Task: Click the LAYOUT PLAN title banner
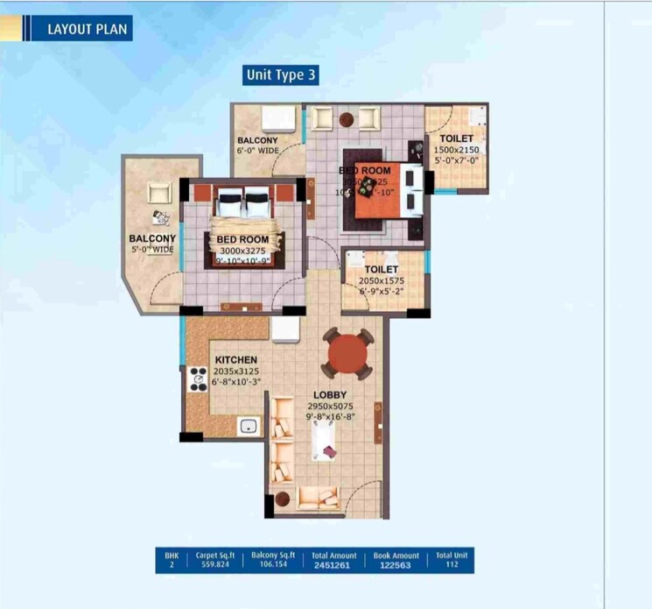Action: (87, 29)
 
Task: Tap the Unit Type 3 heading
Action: (280, 75)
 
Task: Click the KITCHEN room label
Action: (236, 359)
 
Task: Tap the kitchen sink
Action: (249, 427)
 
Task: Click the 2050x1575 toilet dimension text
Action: (382, 282)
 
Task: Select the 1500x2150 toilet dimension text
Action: (456, 150)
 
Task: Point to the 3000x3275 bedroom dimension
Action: (242, 251)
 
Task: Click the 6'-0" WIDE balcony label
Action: (257, 151)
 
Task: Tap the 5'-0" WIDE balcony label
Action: (152, 250)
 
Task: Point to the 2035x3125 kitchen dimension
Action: (235, 372)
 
